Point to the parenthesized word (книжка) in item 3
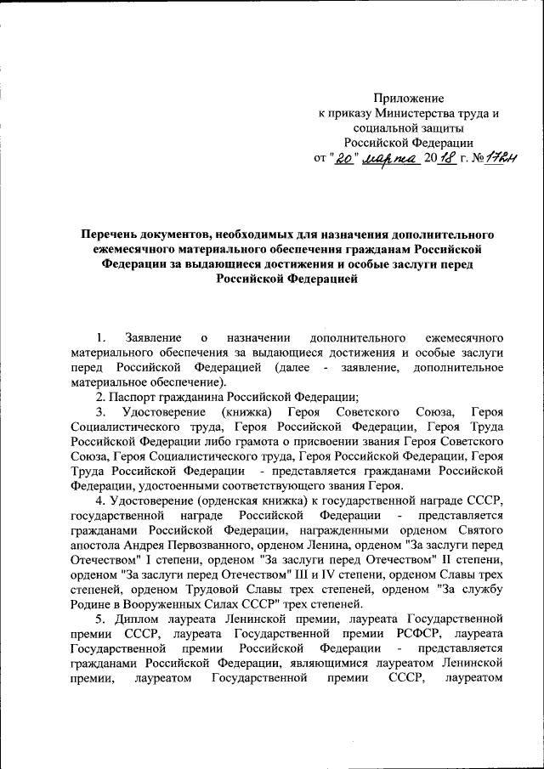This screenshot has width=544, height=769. pyautogui.click(x=243, y=412)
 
